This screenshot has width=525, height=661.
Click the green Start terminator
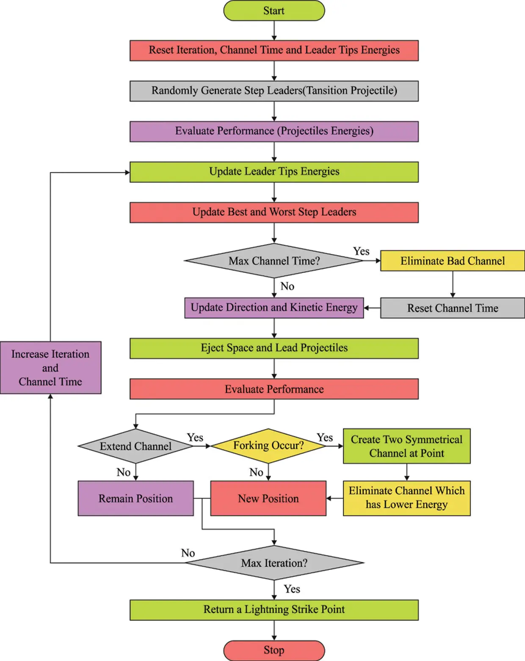(x=274, y=11)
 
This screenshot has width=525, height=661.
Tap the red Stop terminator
(x=274, y=650)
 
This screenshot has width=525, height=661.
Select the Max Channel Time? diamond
(x=274, y=261)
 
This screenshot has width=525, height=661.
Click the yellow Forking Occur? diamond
(x=268, y=446)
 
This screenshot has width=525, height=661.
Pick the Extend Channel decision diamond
(x=135, y=446)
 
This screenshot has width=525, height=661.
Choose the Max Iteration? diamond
(x=274, y=563)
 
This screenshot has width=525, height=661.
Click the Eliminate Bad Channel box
(x=452, y=261)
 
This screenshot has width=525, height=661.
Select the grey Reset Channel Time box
(x=452, y=308)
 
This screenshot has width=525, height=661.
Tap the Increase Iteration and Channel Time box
(x=50, y=368)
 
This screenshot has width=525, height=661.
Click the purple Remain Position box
(x=135, y=498)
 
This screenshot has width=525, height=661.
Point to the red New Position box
(x=268, y=498)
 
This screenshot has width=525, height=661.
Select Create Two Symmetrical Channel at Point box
(x=406, y=446)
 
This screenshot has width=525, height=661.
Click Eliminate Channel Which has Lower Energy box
(x=406, y=498)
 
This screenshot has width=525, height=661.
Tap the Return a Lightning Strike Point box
(x=274, y=610)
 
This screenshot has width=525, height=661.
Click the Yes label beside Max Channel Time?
(x=361, y=251)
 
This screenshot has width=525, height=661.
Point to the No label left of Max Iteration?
(x=188, y=553)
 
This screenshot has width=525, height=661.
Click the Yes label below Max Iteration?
(x=292, y=589)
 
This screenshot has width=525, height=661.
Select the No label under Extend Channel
(x=124, y=472)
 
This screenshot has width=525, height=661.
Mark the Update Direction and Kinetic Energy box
(x=274, y=308)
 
